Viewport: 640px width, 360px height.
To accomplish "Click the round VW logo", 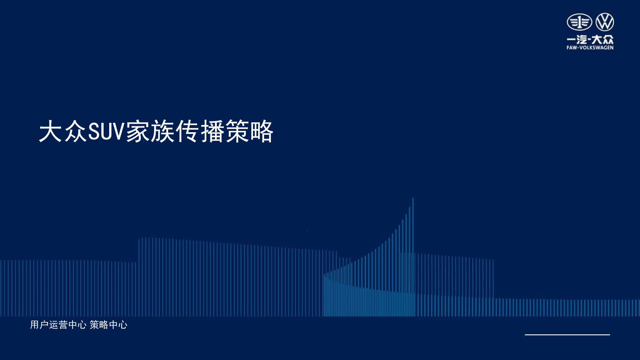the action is (605, 22).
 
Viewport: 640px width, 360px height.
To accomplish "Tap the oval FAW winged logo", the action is (579, 22).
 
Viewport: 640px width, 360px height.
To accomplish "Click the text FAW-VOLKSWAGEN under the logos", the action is (590, 47).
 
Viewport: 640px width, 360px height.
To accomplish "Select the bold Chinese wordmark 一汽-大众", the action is (590, 39).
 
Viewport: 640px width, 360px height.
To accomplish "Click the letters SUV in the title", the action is (105, 131).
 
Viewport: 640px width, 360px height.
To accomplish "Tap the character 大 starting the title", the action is (50, 131).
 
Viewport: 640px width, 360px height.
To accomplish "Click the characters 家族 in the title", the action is (150, 131).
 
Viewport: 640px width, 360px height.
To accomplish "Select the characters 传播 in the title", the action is (199, 131).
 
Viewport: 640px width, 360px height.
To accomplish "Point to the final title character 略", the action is (262, 131).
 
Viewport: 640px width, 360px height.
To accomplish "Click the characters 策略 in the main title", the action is (250, 131).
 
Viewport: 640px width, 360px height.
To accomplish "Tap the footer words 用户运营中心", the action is (58, 325).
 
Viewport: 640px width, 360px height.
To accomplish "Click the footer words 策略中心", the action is (108, 325).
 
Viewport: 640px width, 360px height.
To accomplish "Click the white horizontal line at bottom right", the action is (567, 334).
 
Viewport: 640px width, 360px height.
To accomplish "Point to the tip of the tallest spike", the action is (413, 198).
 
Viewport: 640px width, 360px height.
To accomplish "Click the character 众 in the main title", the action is (75, 131).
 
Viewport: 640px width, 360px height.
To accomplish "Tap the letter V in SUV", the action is (118, 132).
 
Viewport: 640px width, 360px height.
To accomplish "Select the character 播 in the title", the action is (212, 131).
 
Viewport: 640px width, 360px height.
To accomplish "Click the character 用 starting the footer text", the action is (34, 325).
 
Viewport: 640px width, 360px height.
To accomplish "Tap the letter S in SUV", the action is (93, 132).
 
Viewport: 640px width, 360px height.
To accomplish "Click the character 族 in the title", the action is (163, 131).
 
